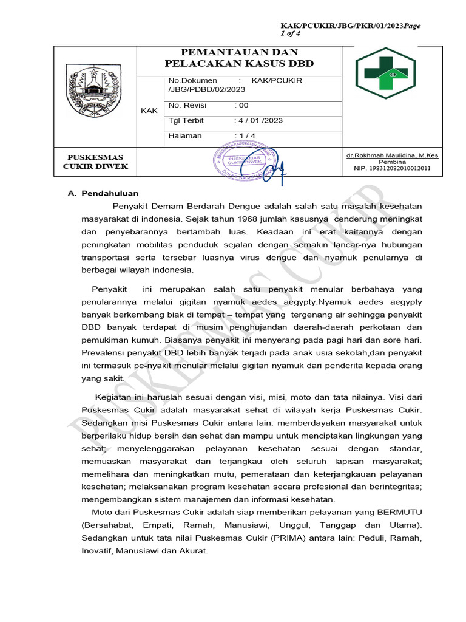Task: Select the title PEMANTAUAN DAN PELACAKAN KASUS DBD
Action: pyautogui.click(x=240, y=58)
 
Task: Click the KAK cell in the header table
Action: pyautogui.click(x=149, y=111)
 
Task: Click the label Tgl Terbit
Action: pyautogui.click(x=186, y=120)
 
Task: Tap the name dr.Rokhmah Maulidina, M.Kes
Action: pyautogui.click(x=392, y=155)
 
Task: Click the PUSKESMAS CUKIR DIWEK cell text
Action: pyautogui.click(x=96, y=162)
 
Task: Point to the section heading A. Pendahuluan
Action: pyautogui.click(x=103, y=194)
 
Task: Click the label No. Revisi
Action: pyautogui.click(x=187, y=105)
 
